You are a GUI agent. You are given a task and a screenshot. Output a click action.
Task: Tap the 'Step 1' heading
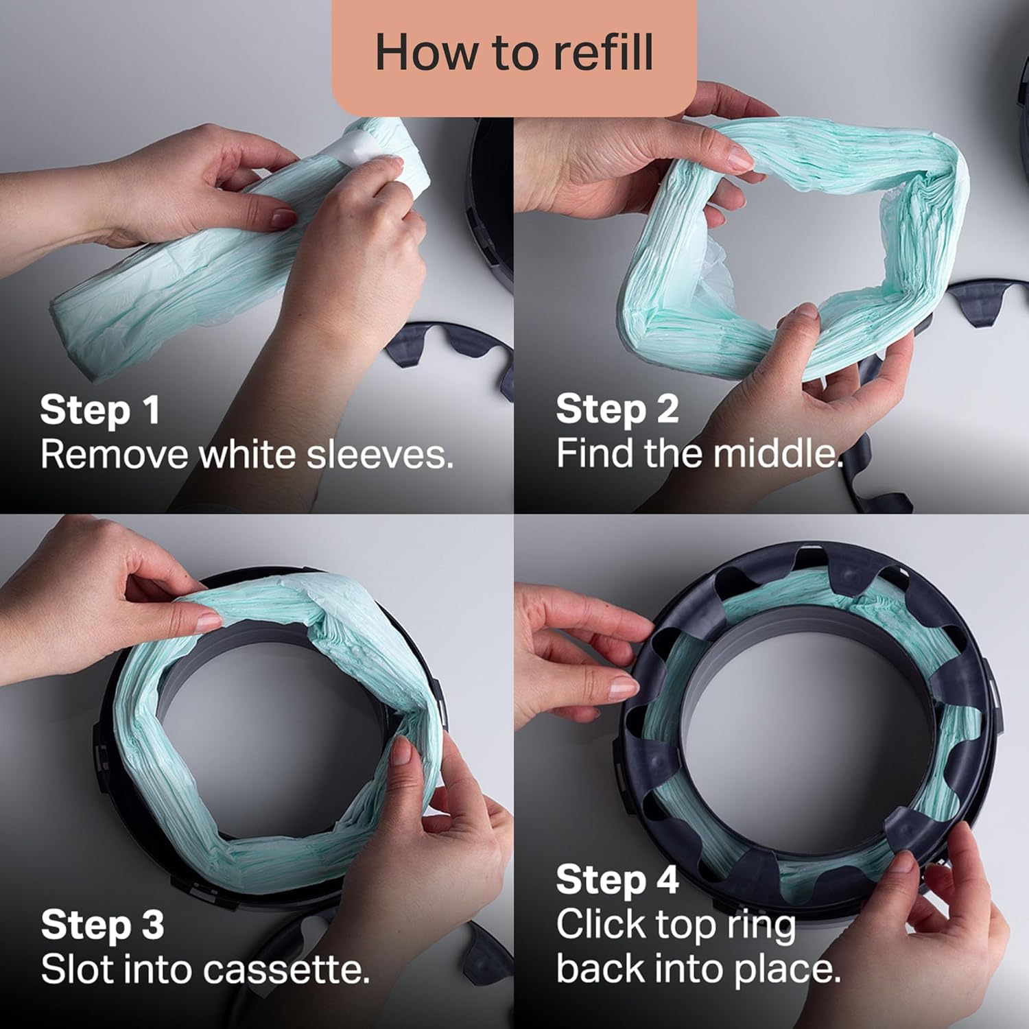(x=100, y=410)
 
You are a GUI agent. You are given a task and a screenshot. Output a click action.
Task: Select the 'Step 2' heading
(x=617, y=409)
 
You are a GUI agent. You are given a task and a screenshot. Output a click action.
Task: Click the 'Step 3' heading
(x=102, y=925)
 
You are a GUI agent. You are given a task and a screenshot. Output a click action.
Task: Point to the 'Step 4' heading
(x=617, y=879)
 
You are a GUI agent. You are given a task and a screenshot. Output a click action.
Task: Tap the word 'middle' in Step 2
(x=775, y=453)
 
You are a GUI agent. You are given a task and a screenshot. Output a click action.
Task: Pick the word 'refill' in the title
(x=604, y=54)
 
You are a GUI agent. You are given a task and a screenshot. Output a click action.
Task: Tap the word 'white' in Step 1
(x=248, y=454)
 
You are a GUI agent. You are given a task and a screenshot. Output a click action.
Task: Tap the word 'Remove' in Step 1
(x=113, y=454)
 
